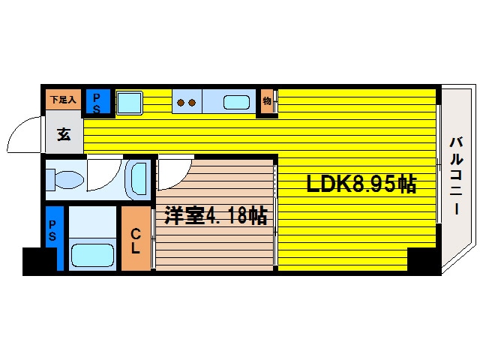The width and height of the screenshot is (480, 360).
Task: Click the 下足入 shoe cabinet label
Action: [x=63, y=99]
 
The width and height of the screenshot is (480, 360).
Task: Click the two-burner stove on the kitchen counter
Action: [x=186, y=102]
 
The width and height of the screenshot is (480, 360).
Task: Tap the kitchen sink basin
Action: [x=236, y=102]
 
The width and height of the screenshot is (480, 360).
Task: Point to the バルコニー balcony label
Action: [x=454, y=176]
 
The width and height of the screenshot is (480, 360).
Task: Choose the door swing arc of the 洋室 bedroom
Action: [x=174, y=174]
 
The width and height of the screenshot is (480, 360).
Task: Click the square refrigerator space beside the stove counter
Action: [x=130, y=102]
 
